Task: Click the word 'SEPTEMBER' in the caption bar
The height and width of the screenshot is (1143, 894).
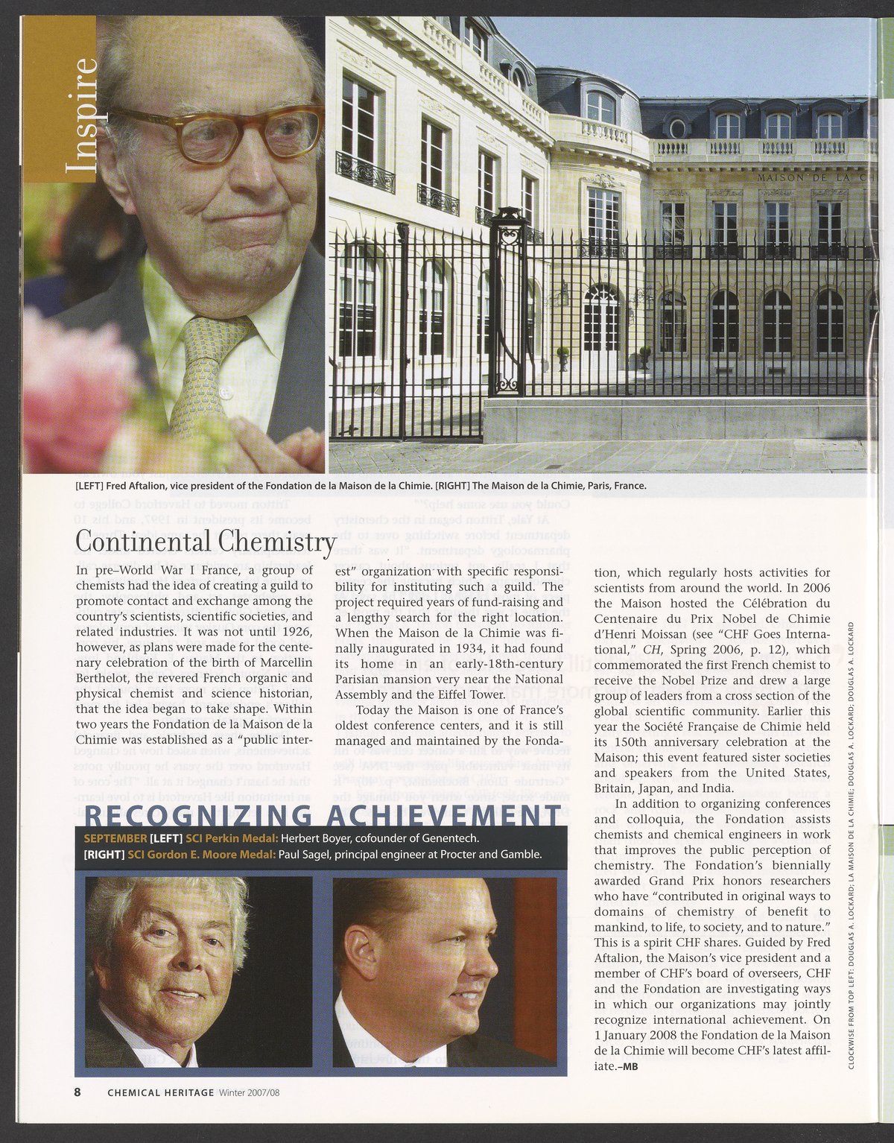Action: (115, 838)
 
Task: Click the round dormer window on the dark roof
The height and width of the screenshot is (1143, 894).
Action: (677, 128)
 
